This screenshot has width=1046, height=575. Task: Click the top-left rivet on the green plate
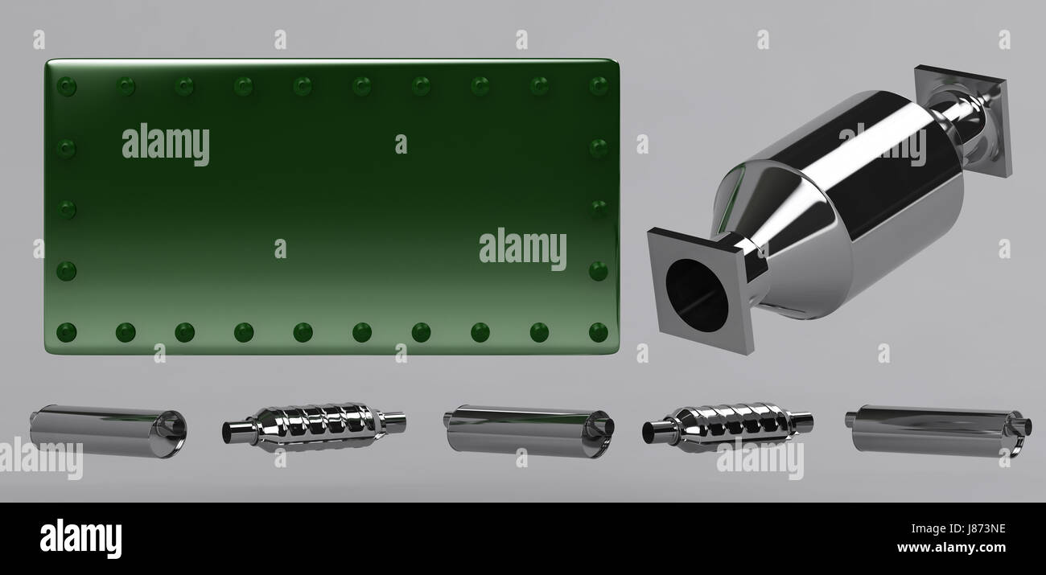(66, 86)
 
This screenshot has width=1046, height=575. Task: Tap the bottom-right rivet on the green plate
(598, 332)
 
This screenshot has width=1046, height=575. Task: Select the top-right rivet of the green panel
(598, 86)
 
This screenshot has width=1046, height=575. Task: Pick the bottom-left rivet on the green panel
(66, 332)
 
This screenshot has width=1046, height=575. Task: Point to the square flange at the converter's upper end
(963, 121)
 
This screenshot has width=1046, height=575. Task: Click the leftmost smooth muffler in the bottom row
(109, 431)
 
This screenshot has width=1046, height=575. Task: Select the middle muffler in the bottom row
(529, 431)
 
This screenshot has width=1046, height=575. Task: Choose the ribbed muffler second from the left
(314, 427)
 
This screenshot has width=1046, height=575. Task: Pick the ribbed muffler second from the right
(727, 427)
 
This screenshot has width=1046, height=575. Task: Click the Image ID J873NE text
(958, 528)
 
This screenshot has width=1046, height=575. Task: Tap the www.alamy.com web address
(951, 547)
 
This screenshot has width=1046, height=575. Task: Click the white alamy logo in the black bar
(80, 538)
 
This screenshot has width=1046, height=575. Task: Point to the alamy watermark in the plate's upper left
(165, 145)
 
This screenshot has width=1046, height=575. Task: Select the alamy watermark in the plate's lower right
(522, 248)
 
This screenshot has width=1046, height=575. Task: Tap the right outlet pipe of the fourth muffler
(801, 422)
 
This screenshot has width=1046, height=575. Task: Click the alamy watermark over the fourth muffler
(760, 458)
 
